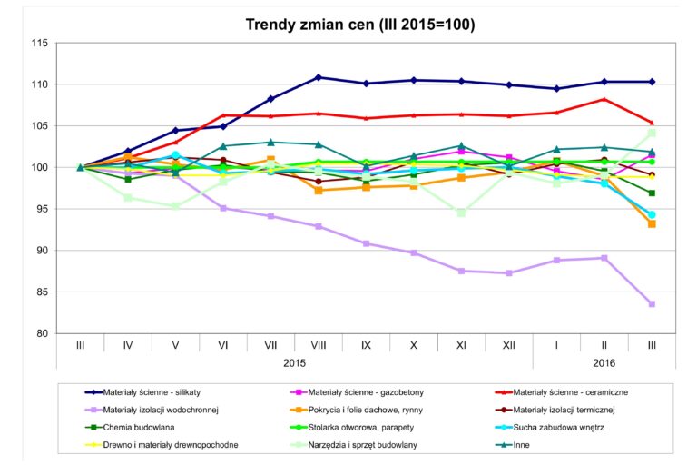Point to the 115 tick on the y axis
click(x=39, y=43)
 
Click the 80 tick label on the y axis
click(x=42, y=333)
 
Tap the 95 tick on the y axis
click(x=42, y=209)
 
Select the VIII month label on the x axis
click(x=318, y=345)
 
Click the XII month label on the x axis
click(x=508, y=345)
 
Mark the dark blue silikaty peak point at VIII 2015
click(x=319, y=77)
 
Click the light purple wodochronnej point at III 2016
click(x=652, y=304)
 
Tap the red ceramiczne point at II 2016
click(x=604, y=99)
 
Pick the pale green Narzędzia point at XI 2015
click(x=461, y=213)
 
